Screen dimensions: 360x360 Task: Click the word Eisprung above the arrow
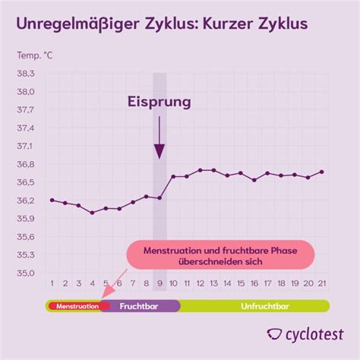tap(159, 101)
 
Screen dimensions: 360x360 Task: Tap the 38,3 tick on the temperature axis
tap(26, 73)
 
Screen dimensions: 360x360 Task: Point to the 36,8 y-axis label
tap(26, 164)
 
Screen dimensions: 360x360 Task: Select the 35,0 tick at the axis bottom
tap(26, 273)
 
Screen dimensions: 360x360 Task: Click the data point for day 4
tap(93, 213)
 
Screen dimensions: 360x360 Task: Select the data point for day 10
tap(173, 177)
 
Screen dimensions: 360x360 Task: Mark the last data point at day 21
tap(322, 172)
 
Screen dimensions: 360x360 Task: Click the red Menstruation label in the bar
tap(74, 306)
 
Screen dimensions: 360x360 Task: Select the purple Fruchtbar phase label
tap(140, 306)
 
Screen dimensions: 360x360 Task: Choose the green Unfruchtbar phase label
tap(254, 306)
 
